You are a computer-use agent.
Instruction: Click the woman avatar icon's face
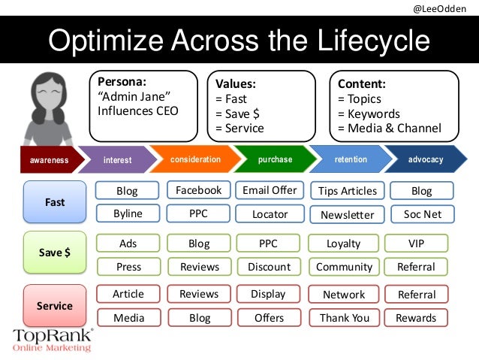pyautogui.click(x=47, y=96)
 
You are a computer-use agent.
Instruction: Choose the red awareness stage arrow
pyautogui.click(x=49, y=160)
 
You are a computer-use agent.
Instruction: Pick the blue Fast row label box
pyautogui.click(x=55, y=202)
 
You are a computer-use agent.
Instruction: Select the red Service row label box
pyautogui.click(x=55, y=306)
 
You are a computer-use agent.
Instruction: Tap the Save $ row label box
pyautogui.click(x=55, y=253)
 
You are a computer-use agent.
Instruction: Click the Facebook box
pyautogui.click(x=198, y=190)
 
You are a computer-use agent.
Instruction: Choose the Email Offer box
pyautogui.click(x=270, y=190)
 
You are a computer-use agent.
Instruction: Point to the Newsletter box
pyautogui.click(x=347, y=214)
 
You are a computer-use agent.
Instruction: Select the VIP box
pyautogui.click(x=416, y=243)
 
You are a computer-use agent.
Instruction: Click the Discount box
pyautogui.click(x=269, y=267)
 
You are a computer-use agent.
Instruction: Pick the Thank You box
pyautogui.click(x=345, y=318)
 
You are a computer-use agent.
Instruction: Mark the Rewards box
pyautogui.click(x=416, y=318)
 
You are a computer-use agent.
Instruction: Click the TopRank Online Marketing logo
pyautogui.click(x=53, y=340)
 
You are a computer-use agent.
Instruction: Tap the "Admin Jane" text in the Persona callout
pyautogui.click(x=131, y=98)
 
